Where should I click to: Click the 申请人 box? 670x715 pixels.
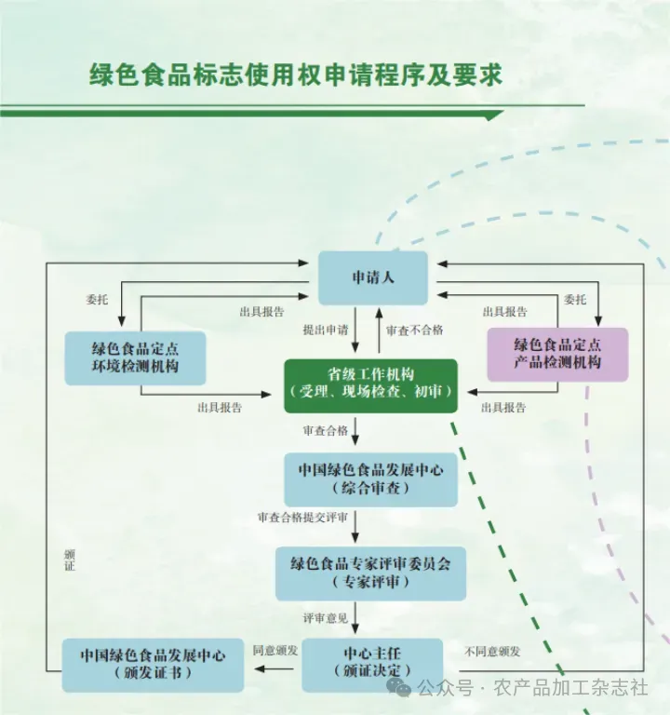point(373,277)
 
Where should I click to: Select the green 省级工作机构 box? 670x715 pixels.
point(370,385)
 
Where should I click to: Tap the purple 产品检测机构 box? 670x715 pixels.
point(558,355)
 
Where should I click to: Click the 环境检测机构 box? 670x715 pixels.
point(135,357)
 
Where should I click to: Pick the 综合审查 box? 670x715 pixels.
point(370,479)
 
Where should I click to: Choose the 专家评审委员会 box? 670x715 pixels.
point(370,573)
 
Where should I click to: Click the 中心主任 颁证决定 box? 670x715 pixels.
point(372,666)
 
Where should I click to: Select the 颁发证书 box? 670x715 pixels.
point(153,666)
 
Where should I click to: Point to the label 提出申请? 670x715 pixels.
point(326,330)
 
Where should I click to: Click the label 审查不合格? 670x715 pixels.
point(414,331)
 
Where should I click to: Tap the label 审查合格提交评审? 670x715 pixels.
point(302,518)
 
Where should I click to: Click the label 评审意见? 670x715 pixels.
point(326,618)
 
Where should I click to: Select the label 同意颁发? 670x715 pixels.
point(275,651)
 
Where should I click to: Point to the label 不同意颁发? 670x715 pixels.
point(492,652)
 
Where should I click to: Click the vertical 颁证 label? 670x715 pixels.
point(69,560)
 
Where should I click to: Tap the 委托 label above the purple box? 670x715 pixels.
point(575,300)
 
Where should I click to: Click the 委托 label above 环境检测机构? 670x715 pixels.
point(97,300)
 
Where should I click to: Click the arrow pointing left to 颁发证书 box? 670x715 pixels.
point(274,669)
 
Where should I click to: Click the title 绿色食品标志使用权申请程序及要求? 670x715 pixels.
point(296,74)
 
